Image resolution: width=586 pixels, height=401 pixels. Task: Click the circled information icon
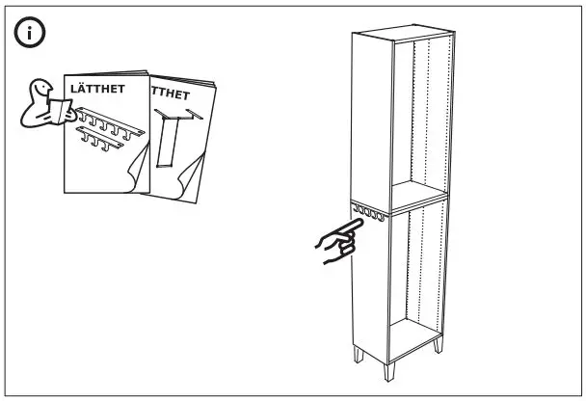point(32,34)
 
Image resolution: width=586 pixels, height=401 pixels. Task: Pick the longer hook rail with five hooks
point(112,123)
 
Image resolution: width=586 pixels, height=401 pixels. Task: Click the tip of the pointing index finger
point(360,221)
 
